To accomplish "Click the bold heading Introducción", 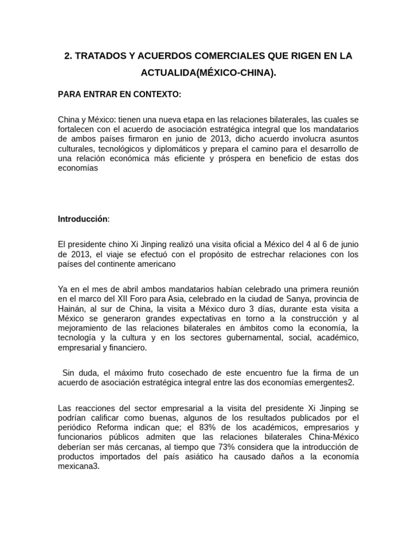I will (83, 219).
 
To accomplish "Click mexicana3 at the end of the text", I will (79, 467).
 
